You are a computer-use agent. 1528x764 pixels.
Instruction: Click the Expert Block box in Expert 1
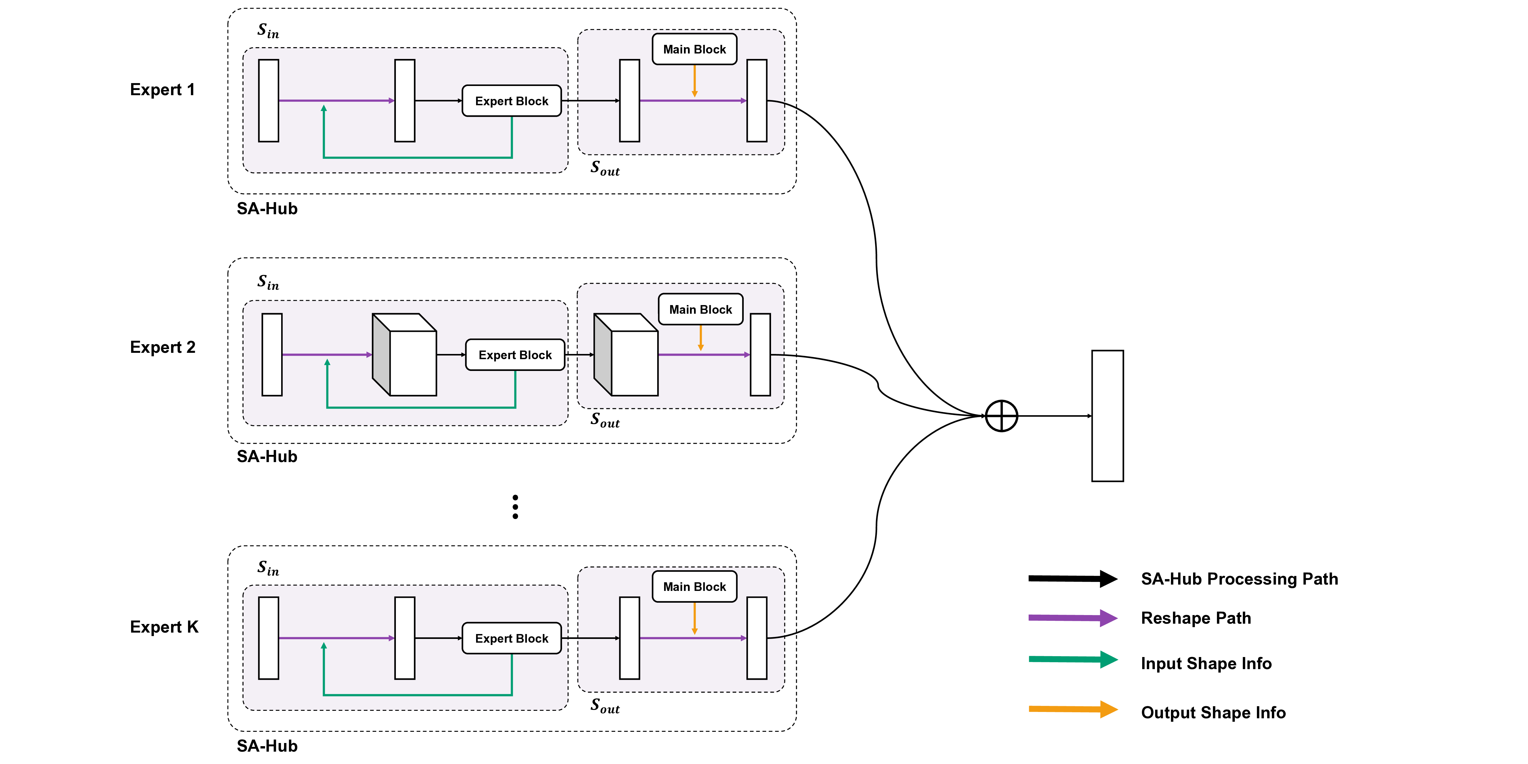pos(511,101)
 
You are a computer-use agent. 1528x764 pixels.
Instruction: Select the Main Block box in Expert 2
pos(701,309)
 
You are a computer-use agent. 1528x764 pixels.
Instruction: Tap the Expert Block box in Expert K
pos(511,638)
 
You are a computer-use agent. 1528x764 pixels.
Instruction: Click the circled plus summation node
pos(1001,416)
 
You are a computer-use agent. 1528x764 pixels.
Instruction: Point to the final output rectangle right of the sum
pos(1107,416)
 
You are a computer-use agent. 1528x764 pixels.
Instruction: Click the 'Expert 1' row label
pos(162,89)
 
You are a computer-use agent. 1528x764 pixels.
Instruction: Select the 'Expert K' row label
pos(164,627)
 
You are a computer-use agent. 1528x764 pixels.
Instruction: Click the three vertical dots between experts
pos(515,507)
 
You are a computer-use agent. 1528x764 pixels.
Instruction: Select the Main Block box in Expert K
pos(694,587)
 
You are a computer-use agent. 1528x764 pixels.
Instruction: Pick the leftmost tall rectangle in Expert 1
pos(269,101)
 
